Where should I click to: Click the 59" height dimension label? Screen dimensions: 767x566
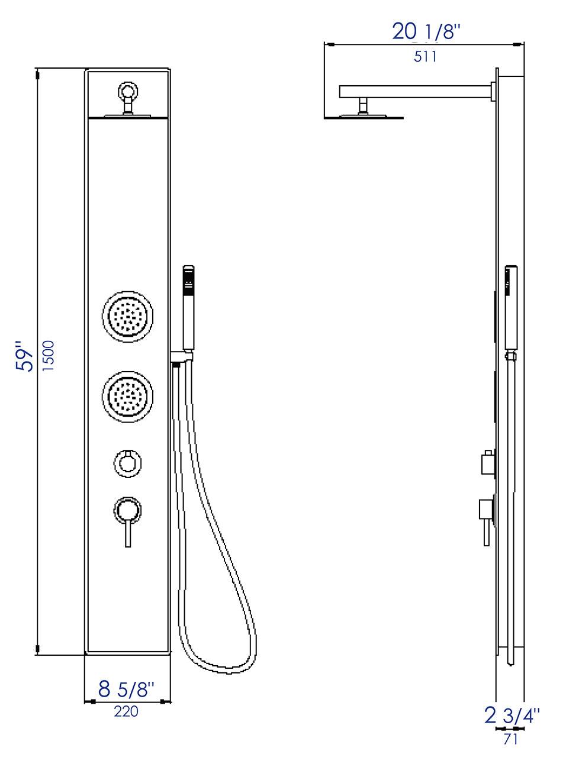pos(26,355)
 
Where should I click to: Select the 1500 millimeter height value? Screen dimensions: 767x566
pos(50,355)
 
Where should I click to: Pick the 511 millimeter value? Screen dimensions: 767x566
pos(424,57)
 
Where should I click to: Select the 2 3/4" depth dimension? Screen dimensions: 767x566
pos(512,716)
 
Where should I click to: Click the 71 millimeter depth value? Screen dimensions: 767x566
pos(510,739)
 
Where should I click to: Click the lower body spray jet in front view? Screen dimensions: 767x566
pos(127,397)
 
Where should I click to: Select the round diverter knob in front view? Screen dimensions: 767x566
pos(127,462)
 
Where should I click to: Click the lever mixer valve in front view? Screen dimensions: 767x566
pos(127,515)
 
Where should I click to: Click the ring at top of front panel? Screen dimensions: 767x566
pos(128,91)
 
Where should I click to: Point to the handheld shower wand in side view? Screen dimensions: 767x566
pos(510,308)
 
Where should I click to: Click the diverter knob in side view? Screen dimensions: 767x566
pos(488,462)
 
